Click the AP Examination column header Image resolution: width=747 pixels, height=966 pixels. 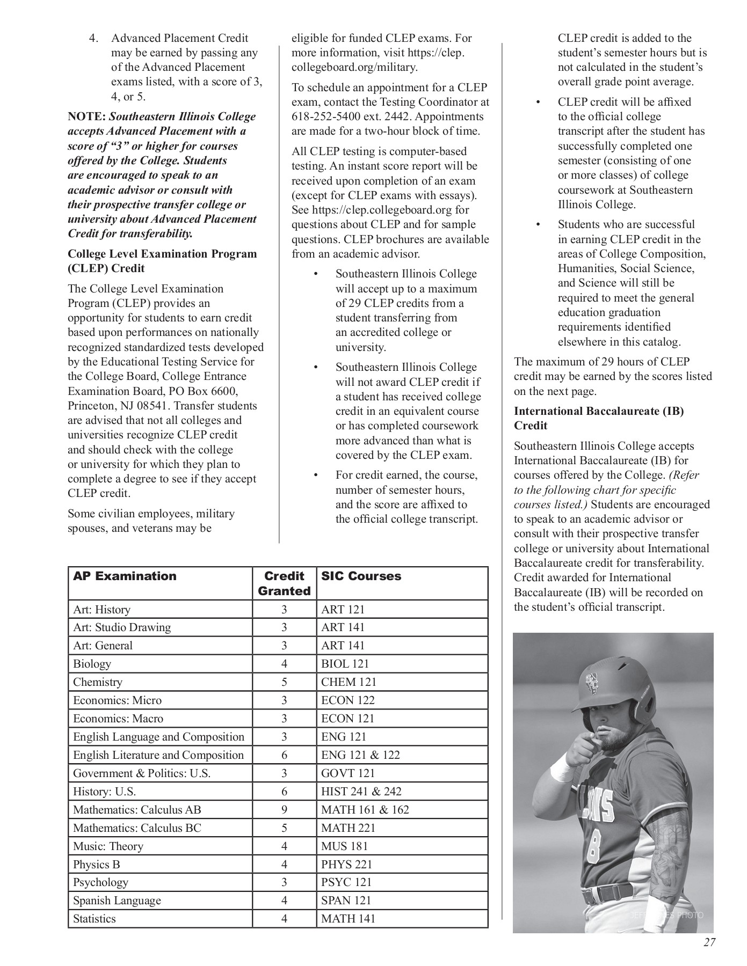[x=125, y=576]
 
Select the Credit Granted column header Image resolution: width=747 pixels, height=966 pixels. [x=284, y=583]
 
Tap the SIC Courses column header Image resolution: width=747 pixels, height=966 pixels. [x=361, y=576]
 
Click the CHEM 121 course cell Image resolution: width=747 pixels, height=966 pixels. [x=349, y=682]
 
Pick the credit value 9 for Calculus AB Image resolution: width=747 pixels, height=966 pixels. [x=284, y=809]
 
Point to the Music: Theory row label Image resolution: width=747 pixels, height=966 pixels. [x=108, y=846]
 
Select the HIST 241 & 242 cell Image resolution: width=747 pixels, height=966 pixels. [x=361, y=791]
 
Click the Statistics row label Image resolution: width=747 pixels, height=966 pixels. [x=95, y=918]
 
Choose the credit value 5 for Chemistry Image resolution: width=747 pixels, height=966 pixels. [x=284, y=682]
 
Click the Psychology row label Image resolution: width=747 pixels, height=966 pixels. [x=100, y=882]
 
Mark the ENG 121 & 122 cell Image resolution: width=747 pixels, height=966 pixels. [x=360, y=755]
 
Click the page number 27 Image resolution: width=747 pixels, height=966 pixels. [x=709, y=942]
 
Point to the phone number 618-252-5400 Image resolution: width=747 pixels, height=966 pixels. [x=333, y=116]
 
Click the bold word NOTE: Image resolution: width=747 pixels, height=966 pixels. [x=86, y=116]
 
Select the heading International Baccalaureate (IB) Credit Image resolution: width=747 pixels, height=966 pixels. [x=598, y=418]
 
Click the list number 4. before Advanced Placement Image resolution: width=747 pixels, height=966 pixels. [x=94, y=38]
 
